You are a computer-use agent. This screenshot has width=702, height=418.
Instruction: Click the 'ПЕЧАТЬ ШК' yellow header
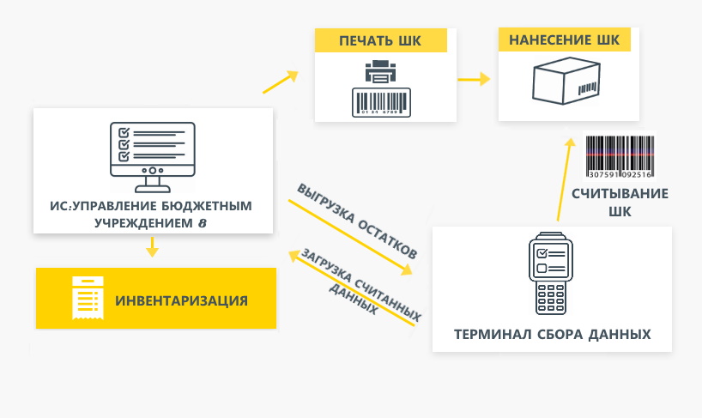380,41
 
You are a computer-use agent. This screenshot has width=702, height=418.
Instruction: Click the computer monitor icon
153,155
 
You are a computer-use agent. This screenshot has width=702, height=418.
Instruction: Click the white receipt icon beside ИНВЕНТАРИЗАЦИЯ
88,298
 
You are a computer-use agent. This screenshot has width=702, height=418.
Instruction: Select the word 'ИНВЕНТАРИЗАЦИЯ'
182,300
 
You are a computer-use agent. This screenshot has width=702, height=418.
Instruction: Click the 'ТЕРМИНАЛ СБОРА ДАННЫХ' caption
553,334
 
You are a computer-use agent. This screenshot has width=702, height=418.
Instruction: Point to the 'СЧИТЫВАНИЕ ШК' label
620,202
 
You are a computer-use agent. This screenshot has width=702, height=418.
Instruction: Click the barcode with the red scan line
620,155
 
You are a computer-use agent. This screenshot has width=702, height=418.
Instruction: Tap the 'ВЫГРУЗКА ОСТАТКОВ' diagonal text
357,221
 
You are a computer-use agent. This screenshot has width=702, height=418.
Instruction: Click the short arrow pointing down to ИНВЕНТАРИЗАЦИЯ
153,246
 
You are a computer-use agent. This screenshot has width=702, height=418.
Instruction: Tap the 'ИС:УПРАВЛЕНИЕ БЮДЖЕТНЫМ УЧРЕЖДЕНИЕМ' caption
153,215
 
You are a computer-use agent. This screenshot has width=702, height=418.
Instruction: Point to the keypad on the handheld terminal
550,295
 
